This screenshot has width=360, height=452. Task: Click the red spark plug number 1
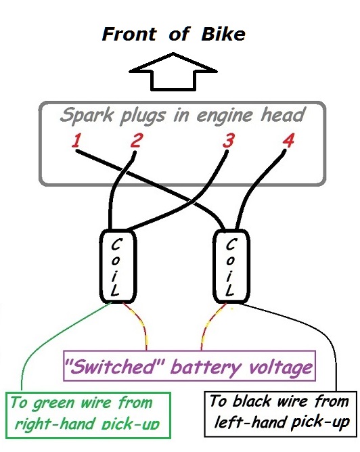click(x=76, y=140)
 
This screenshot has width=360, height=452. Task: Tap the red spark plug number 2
click(x=137, y=140)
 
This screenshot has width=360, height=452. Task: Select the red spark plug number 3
click(x=229, y=140)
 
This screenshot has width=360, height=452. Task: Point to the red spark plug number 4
click(x=288, y=140)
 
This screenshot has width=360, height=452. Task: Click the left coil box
click(x=100, y=267)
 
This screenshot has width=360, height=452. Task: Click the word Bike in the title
click(x=223, y=34)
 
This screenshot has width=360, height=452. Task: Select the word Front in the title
click(x=129, y=34)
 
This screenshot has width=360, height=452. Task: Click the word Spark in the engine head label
click(x=87, y=115)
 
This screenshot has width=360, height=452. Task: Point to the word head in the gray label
click(x=282, y=114)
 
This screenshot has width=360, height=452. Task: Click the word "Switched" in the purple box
click(x=114, y=366)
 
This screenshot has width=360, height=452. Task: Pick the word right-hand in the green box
click(x=55, y=424)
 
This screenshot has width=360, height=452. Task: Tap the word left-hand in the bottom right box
click(x=251, y=422)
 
